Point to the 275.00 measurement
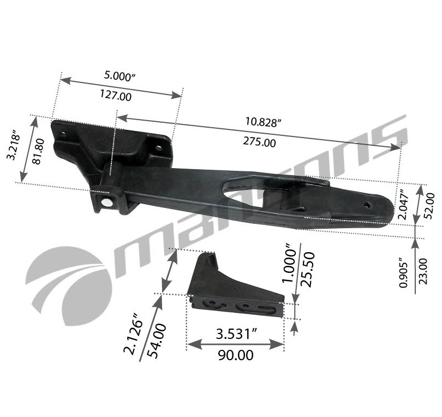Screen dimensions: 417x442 coord(259,142)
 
